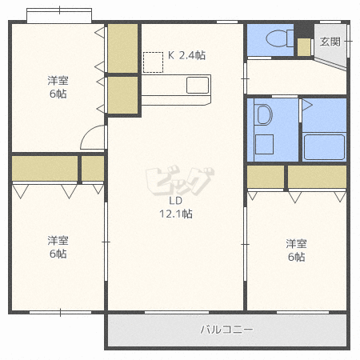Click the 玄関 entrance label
pos(329,41)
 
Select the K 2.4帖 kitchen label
pos(186,55)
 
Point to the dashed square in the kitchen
pos(153,62)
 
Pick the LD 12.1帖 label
pos(180,207)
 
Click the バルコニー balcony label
pos(226,329)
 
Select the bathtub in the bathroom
pos(324,147)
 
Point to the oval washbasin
pos(262,115)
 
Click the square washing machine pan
pos(263,145)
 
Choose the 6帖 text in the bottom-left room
pos(56,254)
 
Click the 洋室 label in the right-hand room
pos(297,243)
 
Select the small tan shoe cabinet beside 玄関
pos(304,46)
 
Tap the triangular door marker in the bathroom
pos(307,105)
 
